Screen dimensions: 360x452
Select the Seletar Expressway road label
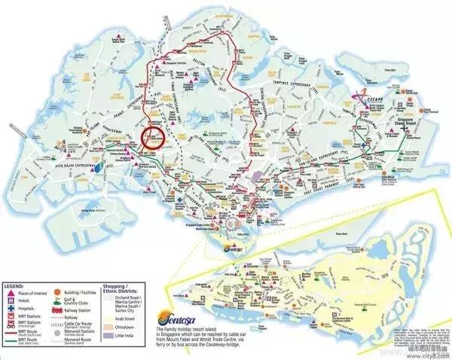pyautogui.click(x=192, y=79)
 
